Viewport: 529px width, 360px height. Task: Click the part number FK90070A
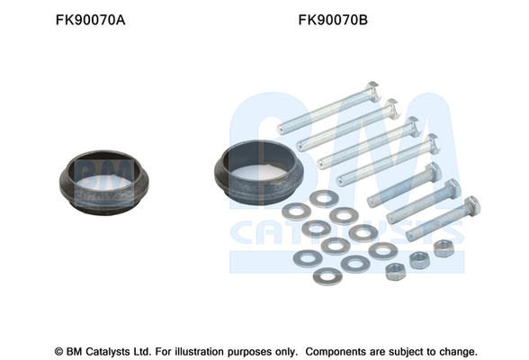click(90, 20)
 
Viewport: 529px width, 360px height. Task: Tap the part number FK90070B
click(333, 20)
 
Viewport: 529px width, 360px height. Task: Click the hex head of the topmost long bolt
click(373, 89)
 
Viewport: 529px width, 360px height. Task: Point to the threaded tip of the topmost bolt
click(281, 129)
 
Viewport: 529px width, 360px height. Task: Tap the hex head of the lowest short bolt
click(472, 205)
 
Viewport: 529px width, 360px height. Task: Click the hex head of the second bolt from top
click(392, 107)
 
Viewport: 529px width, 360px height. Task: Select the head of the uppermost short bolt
click(434, 171)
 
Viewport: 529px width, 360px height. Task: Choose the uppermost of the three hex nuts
click(444, 248)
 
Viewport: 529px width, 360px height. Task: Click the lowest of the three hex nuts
click(396, 273)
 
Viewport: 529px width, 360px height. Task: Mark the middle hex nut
click(419, 260)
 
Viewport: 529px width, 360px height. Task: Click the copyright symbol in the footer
click(58, 352)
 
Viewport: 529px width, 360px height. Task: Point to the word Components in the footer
click(336, 352)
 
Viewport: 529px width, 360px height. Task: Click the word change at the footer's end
click(458, 352)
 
